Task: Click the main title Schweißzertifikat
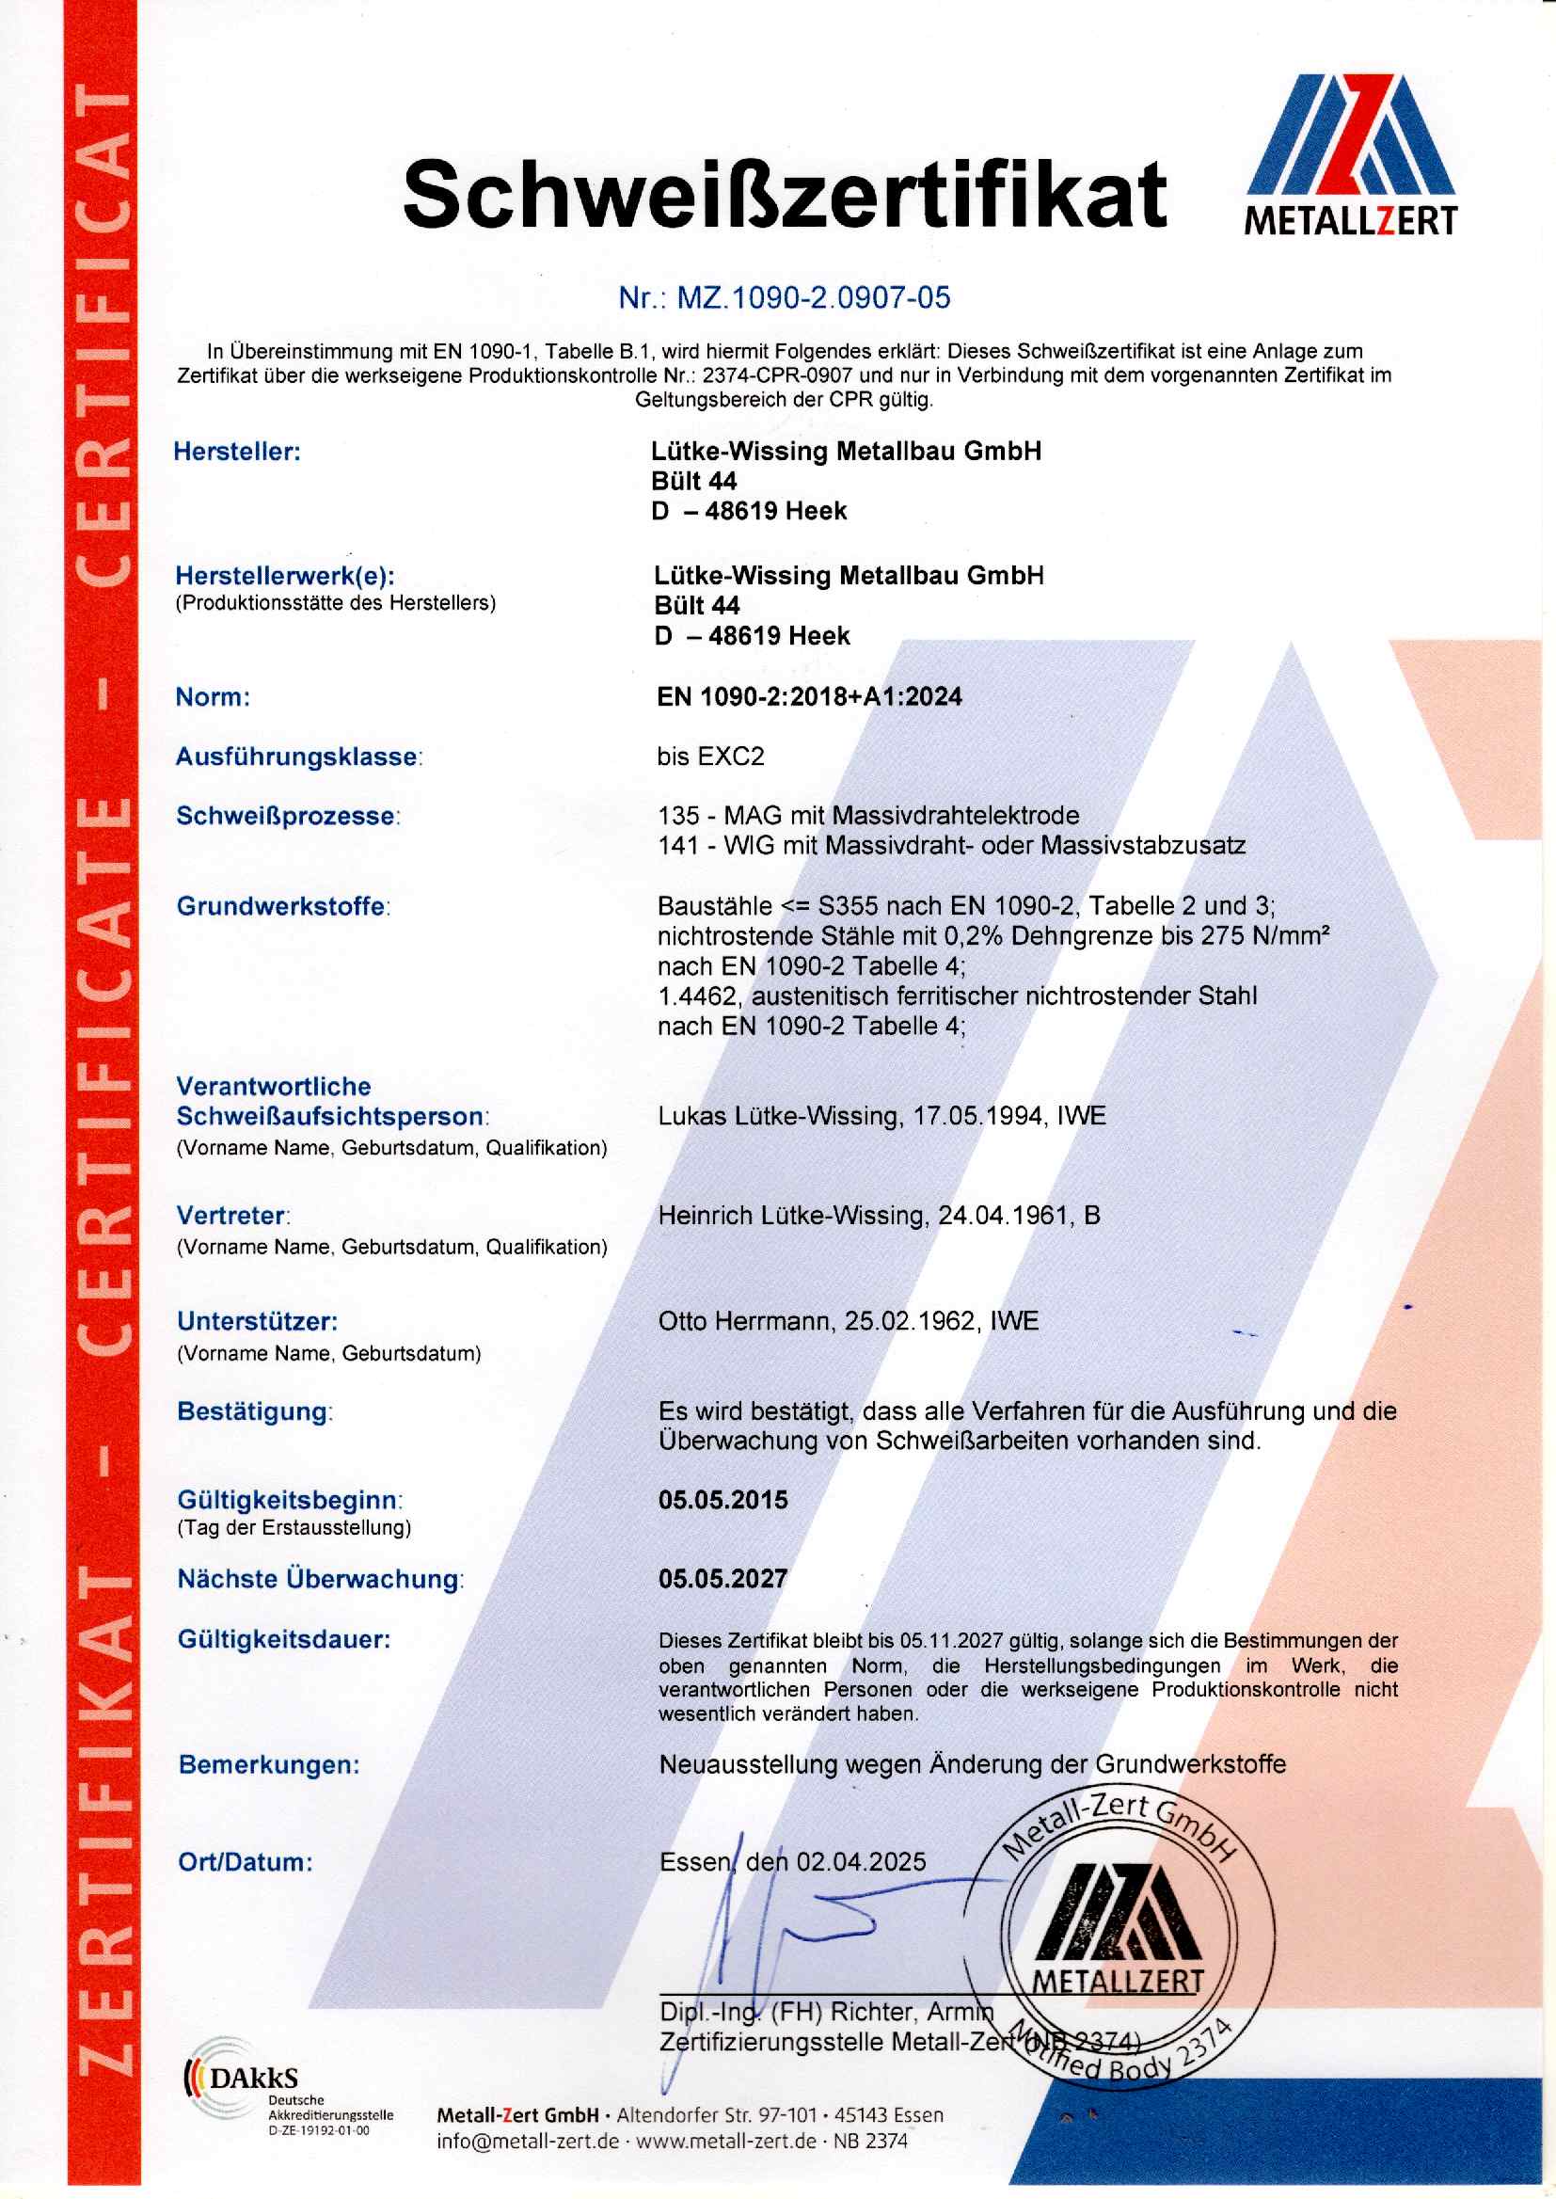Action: click(784, 194)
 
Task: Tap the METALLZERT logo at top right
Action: click(1350, 153)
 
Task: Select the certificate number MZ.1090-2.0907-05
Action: click(814, 298)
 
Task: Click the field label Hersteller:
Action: click(237, 452)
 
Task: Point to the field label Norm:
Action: click(212, 696)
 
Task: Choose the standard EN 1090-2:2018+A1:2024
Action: click(809, 696)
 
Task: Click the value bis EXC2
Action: click(710, 756)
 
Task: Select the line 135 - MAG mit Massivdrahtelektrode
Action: click(868, 816)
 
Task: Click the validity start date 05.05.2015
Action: click(722, 1500)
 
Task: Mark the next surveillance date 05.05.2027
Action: click(722, 1578)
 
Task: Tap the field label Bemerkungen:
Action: click(268, 1764)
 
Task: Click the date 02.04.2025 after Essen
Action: click(862, 1862)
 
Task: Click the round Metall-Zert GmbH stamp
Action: click(1119, 1945)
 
